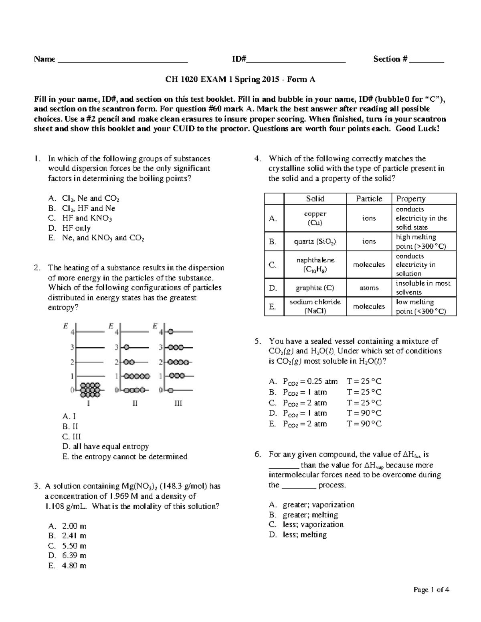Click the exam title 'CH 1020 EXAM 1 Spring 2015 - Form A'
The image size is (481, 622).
(240, 79)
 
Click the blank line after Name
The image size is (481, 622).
(123, 61)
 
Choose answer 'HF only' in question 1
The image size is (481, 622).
(76, 228)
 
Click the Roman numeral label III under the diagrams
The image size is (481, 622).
(178, 404)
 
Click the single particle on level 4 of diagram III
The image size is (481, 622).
(171, 332)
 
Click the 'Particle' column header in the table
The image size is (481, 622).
(369, 199)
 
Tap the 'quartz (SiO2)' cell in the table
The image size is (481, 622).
(315, 242)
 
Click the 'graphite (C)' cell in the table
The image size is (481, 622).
(315, 288)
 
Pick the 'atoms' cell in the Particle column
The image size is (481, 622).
(369, 288)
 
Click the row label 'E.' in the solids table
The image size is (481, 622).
(273, 307)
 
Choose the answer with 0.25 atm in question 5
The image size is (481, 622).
(310, 381)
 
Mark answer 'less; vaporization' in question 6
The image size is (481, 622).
(313, 525)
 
